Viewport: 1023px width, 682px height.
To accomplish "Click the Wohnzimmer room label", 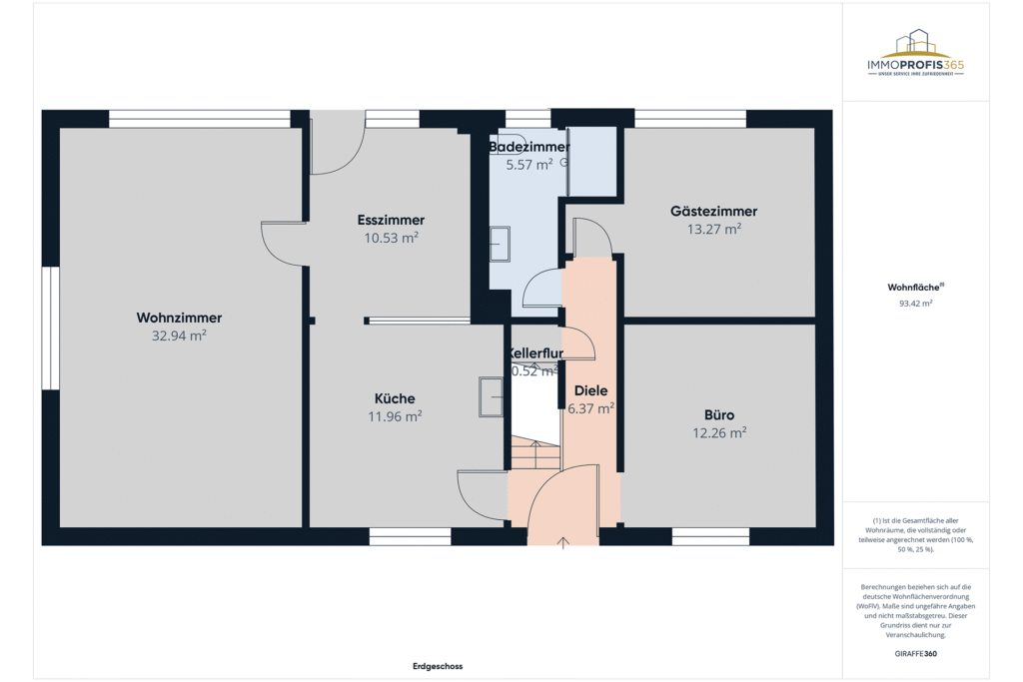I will point(179,318).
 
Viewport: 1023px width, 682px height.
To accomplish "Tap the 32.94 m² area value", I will point(179,336).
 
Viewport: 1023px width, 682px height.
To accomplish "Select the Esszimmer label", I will point(391,220).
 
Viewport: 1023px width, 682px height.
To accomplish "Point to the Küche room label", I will point(395,398).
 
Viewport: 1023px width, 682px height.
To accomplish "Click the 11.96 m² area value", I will point(395,416).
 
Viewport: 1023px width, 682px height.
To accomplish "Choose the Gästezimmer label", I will point(713,211).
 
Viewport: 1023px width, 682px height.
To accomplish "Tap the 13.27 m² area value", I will point(713,229).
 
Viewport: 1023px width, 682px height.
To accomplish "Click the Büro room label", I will point(719,414).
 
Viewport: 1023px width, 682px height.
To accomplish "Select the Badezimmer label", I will point(529,147).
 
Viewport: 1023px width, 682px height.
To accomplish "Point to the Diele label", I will point(590,390).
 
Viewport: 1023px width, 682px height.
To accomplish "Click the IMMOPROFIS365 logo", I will point(916,55).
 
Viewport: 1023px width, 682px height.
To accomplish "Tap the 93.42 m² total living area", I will point(916,303).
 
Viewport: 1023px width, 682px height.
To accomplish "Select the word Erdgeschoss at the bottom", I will point(438,666).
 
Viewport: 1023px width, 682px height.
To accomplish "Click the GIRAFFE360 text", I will point(916,653).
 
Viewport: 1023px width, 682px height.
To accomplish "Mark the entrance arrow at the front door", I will point(563,542).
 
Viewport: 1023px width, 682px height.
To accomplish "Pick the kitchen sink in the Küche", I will point(491,395).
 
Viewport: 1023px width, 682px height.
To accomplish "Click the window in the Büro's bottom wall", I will point(710,536).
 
